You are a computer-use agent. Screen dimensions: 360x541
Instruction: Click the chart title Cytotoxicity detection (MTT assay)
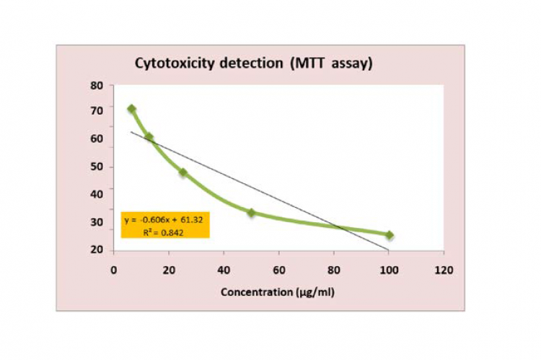[x=254, y=63]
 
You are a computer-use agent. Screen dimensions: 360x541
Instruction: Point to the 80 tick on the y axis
[x=97, y=85]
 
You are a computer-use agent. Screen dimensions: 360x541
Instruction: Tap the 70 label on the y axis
[x=97, y=111]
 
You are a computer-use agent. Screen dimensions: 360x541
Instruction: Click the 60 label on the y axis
[x=97, y=139]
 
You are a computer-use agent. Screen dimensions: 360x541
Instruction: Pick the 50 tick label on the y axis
[x=97, y=167]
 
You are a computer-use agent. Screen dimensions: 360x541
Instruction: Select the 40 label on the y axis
[x=97, y=193]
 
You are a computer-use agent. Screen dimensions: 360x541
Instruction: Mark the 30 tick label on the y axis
[x=97, y=222]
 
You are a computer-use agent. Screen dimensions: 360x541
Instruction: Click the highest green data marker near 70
[x=131, y=109]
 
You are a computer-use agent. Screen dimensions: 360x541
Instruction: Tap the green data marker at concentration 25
[x=183, y=172]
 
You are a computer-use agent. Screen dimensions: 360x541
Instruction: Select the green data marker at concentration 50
[x=251, y=213]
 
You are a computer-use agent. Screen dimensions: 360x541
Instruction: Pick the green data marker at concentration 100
[x=389, y=235]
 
